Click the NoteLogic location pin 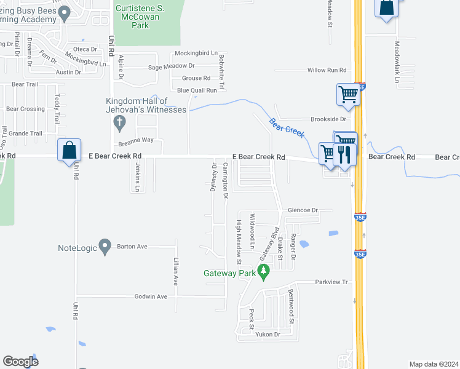coord(104,247)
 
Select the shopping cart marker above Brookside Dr coord(348,95)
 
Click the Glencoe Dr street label coord(303,210)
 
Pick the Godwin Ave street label coord(151,296)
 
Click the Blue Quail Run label coord(197,90)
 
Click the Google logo coord(21,362)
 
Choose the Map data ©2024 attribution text coord(434,364)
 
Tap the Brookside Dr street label coord(329,119)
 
